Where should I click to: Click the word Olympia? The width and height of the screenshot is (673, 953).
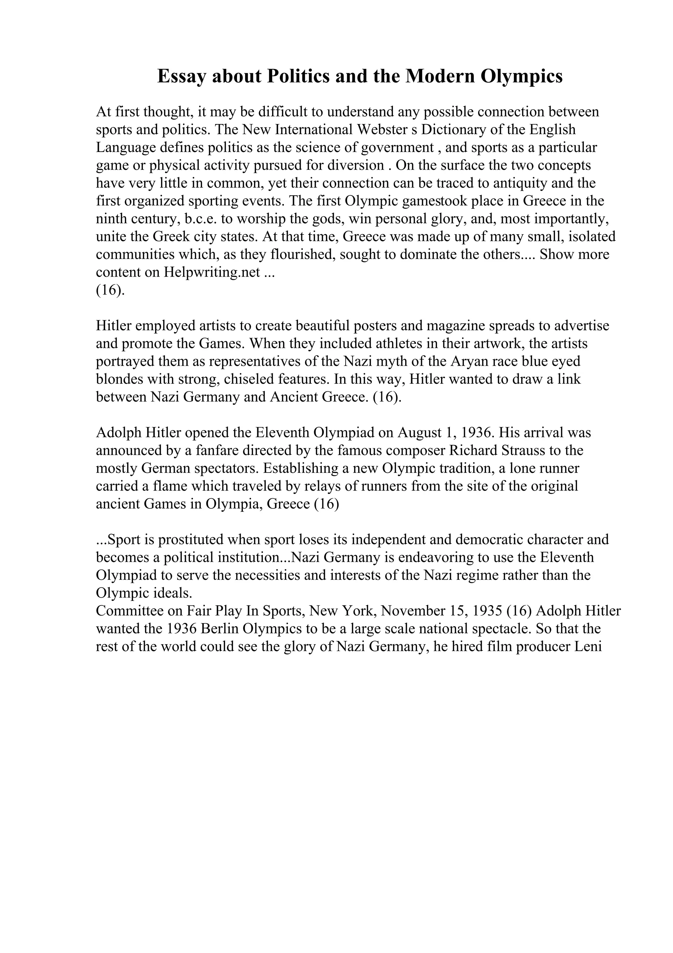pyautogui.click(x=235, y=504)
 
